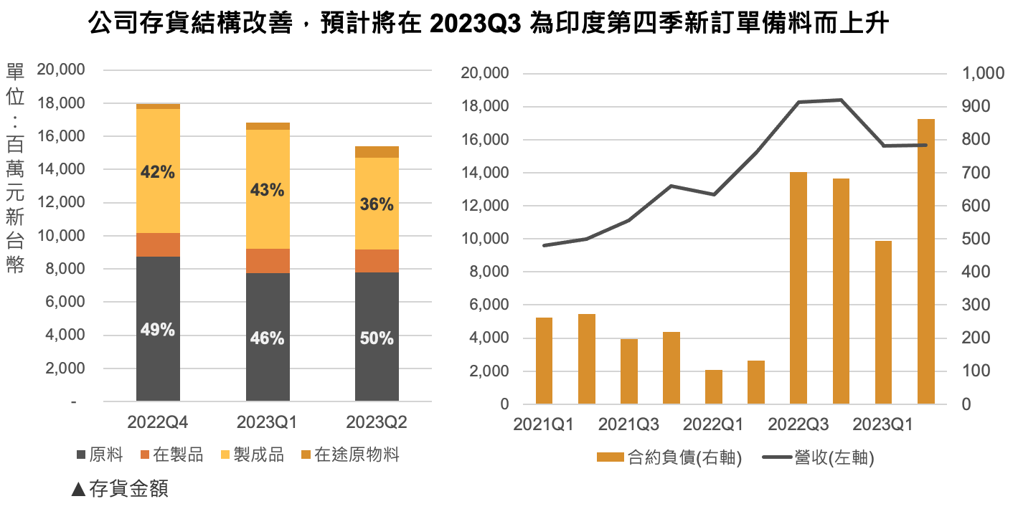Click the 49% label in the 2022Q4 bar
click(158, 330)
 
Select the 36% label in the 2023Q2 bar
click(377, 204)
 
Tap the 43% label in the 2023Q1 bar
click(268, 191)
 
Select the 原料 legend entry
click(100, 455)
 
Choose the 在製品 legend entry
click(171, 455)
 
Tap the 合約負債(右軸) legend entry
click(669, 457)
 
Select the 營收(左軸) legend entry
click(824, 457)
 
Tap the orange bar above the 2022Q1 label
click(714, 387)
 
